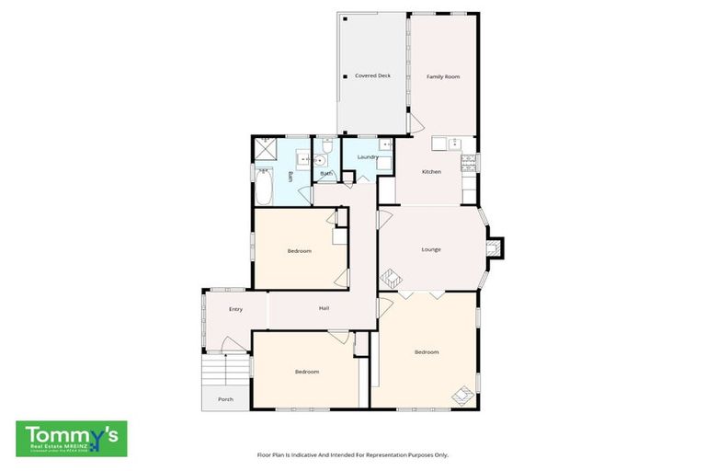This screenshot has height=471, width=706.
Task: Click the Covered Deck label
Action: [x=372, y=75]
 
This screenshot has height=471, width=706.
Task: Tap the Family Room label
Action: [x=442, y=76]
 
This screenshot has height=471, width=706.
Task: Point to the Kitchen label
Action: [x=431, y=172]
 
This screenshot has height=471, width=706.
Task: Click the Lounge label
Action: [x=431, y=249]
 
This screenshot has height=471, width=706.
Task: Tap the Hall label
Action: [x=324, y=308]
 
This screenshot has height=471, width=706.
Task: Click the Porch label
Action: [x=224, y=399]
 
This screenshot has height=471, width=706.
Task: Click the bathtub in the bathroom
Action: [x=264, y=191]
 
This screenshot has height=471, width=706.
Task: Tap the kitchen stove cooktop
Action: [x=468, y=165]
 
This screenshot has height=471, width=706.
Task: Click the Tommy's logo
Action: [x=72, y=439]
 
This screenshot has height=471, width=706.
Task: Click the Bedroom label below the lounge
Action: [x=426, y=351]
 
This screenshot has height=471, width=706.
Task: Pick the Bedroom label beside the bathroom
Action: [x=299, y=251]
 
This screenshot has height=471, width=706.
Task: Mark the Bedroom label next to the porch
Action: [x=306, y=371]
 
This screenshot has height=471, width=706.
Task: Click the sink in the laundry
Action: [x=387, y=144]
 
